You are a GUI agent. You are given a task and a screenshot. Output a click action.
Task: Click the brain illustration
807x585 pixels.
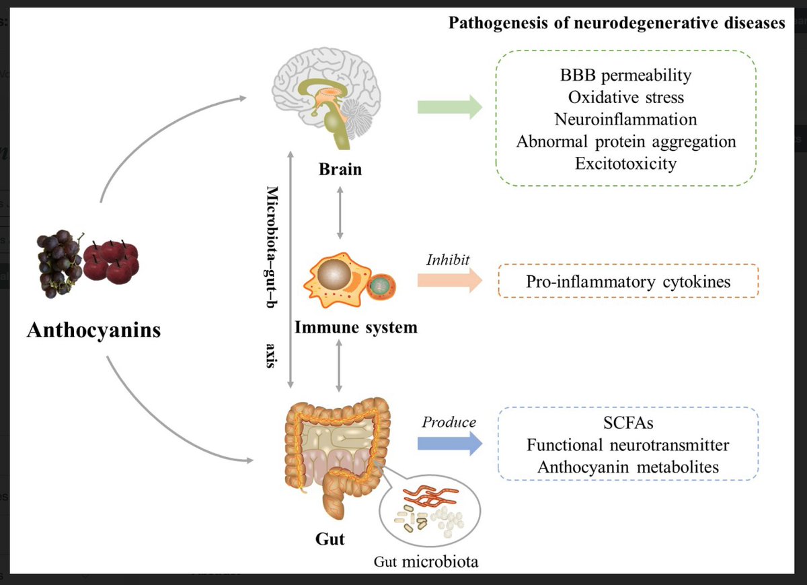coord(326,98)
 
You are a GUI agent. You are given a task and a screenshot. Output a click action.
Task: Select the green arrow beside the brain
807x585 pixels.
coord(450,107)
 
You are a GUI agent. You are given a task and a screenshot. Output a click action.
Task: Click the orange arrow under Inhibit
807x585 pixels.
coord(450,280)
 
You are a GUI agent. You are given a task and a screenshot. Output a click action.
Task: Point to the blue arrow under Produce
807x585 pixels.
coord(450,443)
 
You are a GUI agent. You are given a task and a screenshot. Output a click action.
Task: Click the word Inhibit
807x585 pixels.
coord(448,260)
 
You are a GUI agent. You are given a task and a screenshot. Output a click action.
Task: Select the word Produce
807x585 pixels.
coord(449,422)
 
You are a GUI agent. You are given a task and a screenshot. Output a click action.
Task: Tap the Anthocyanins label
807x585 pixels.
coord(93,330)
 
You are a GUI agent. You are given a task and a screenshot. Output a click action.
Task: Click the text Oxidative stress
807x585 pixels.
coord(626,98)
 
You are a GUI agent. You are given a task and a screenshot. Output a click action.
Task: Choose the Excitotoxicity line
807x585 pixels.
coord(626,164)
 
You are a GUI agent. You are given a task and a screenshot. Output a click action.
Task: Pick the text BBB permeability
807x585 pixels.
coord(626,75)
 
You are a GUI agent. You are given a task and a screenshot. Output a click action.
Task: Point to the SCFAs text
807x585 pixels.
coord(628,423)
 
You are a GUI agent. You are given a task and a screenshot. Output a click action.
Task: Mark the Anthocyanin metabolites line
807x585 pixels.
coord(628,467)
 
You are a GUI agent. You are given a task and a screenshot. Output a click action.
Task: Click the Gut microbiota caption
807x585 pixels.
coord(426,561)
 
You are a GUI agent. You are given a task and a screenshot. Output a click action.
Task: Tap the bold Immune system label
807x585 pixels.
coord(356,327)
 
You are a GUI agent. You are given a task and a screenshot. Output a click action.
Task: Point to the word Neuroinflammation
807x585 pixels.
coord(626,119)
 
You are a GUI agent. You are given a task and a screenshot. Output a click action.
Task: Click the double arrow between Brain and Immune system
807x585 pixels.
coord(340,213)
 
